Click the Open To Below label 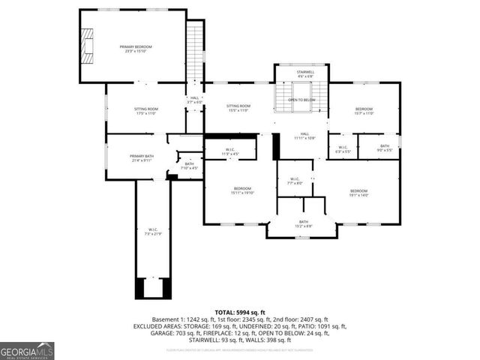coord(301,100)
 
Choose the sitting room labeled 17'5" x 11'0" coord(145,111)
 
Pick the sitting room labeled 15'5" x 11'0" coord(238,109)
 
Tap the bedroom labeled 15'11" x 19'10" coord(242,190)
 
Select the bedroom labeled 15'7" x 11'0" coord(363,111)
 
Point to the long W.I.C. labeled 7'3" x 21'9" coord(152,231)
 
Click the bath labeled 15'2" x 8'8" coord(303,223)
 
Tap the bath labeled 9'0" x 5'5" coord(383,148)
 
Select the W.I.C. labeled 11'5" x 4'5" coord(230,151)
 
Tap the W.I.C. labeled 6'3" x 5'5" coord(343,148)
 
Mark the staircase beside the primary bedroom coord(195,49)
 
